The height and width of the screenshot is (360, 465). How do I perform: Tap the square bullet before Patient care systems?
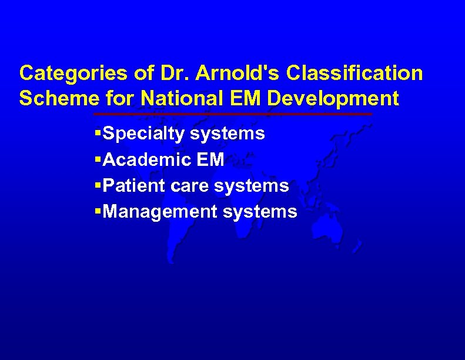click(98, 186)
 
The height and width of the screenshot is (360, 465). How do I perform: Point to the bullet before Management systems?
click(98, 212)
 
